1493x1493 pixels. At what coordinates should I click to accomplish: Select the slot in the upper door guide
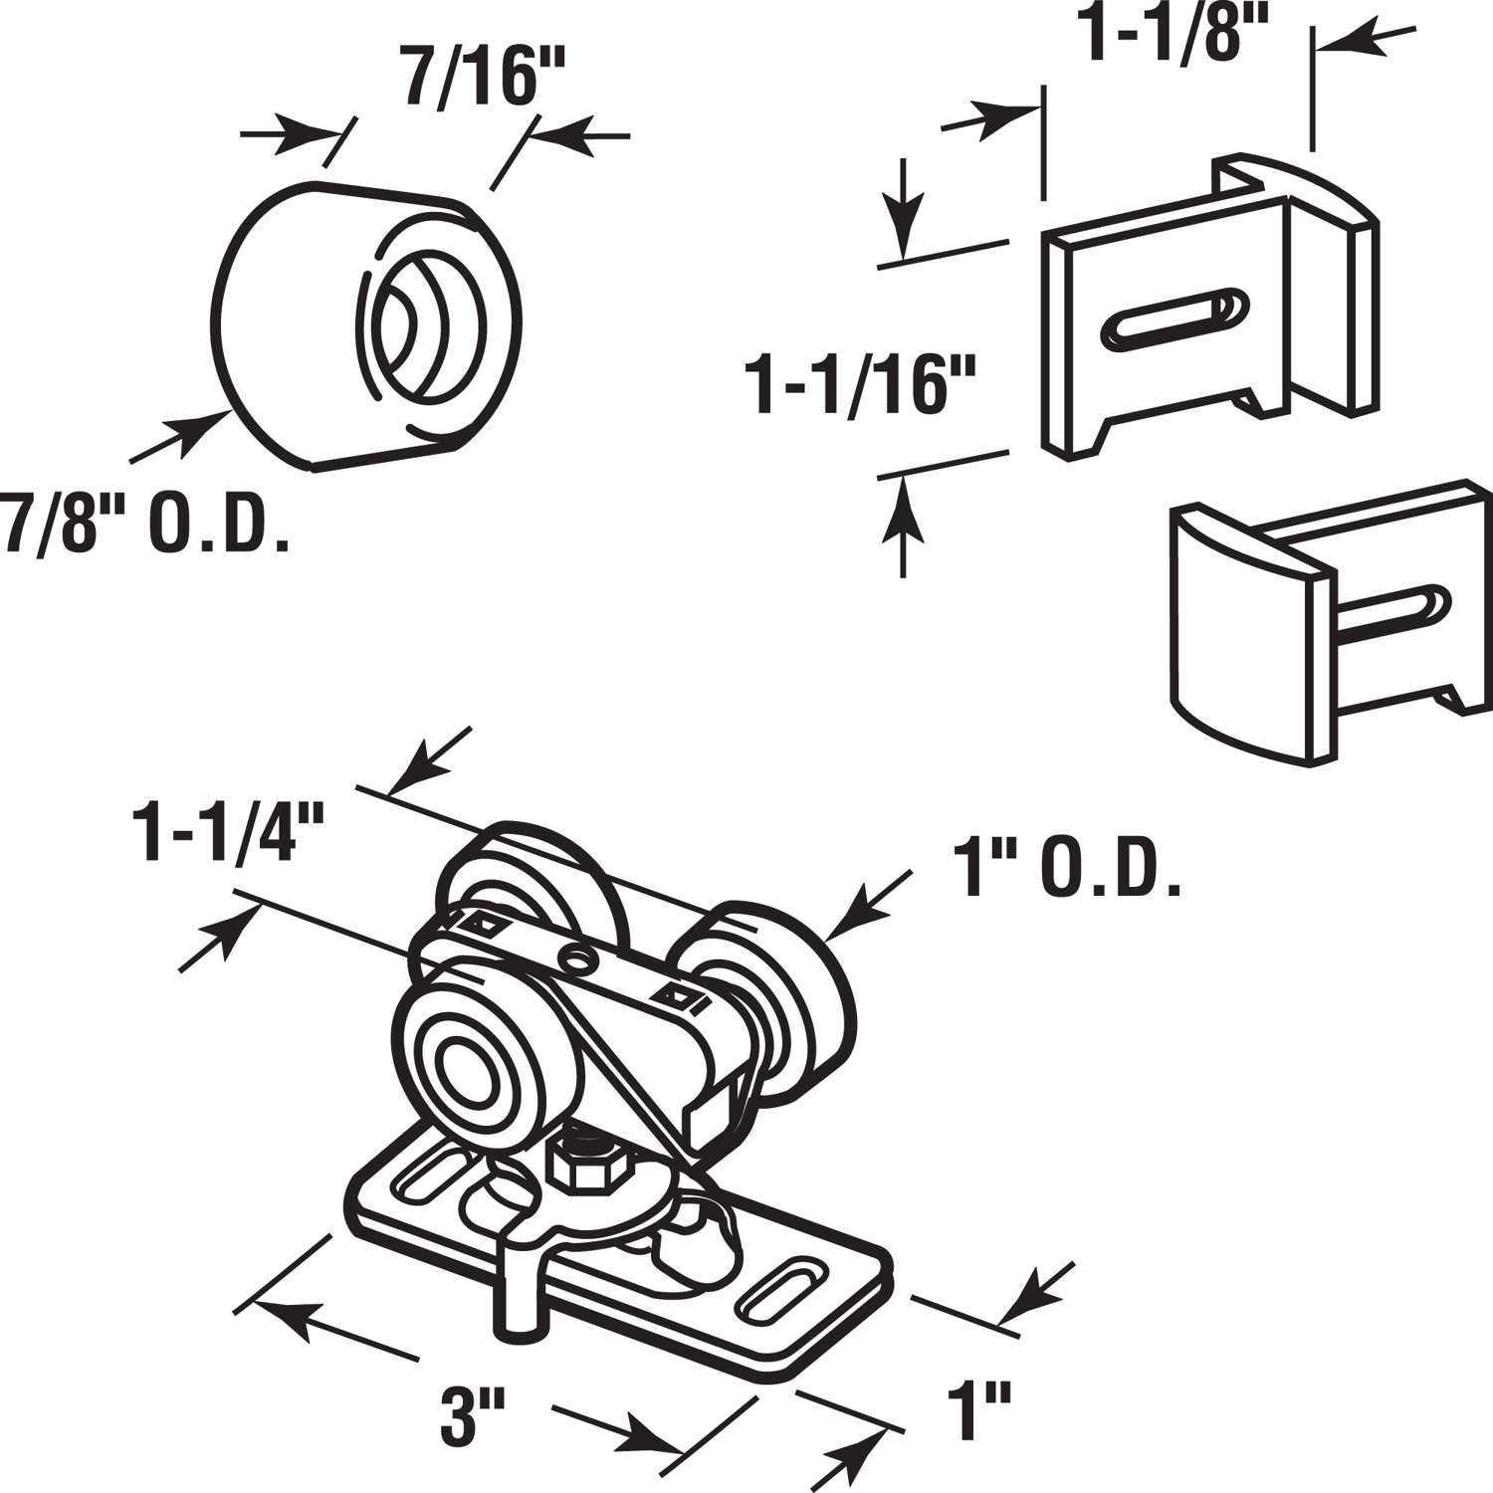pos(1171,318)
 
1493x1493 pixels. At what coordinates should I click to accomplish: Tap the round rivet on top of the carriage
pos(575,958)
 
